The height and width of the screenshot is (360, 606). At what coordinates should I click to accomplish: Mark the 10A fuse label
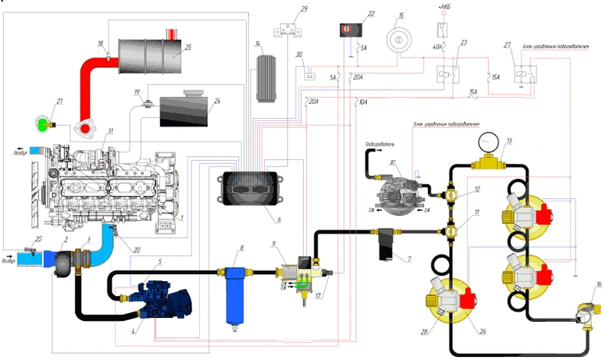pyautogui.click(x=362, y=102)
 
